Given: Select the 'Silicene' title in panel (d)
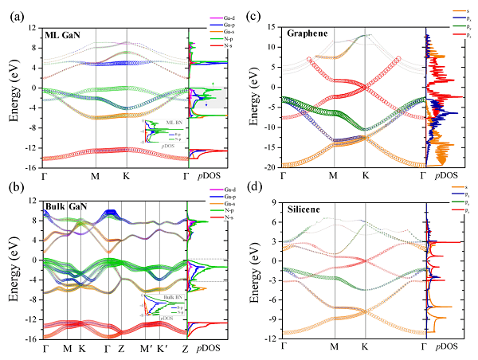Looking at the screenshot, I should [x=305, y=207].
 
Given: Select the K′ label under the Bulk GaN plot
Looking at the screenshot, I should [x=163, y=348].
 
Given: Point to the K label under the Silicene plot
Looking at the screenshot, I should [x=365, y=347].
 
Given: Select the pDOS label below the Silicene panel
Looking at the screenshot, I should [x=445, y=347].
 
